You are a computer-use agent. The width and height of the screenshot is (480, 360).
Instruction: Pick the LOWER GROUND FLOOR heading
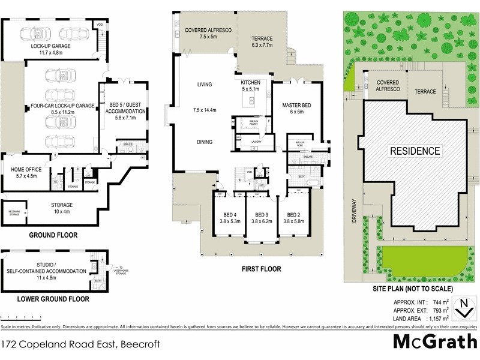(53, 298)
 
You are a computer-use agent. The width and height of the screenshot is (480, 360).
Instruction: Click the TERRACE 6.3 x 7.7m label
(262, 41)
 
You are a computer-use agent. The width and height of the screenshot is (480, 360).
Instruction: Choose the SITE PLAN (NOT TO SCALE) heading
(410, 289)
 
